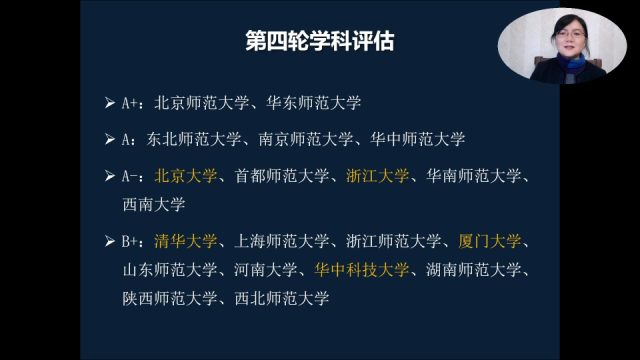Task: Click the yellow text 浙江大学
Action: click(x=377, y=176)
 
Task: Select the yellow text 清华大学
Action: click(x=186, y=241)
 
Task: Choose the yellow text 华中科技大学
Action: click(x=361, y=269)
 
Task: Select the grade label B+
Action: click(x=132, y=241)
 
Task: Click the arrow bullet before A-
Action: click(x=110, y=176)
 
